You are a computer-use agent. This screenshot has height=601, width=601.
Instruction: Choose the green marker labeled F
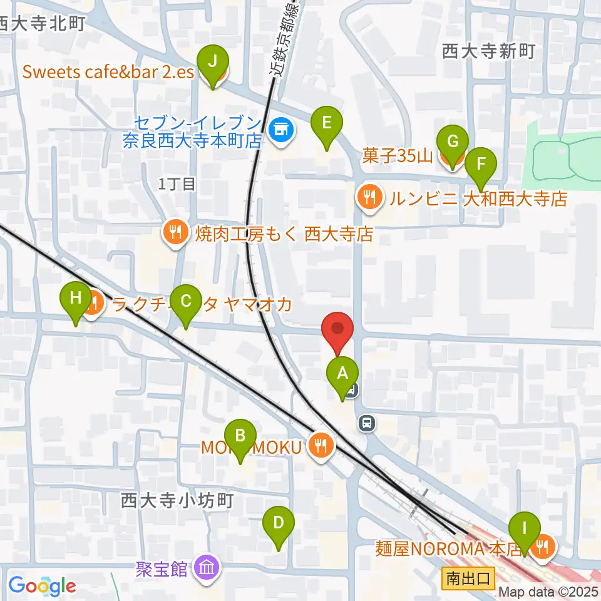pos(481,164)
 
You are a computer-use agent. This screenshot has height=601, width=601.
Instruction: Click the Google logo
pos(42,586)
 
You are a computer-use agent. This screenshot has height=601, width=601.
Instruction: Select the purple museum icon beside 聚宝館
pos(207,568)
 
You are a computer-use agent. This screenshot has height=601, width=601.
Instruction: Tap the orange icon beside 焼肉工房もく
pos(173,233)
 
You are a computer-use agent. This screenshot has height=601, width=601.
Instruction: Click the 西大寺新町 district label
pos(488,51)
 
